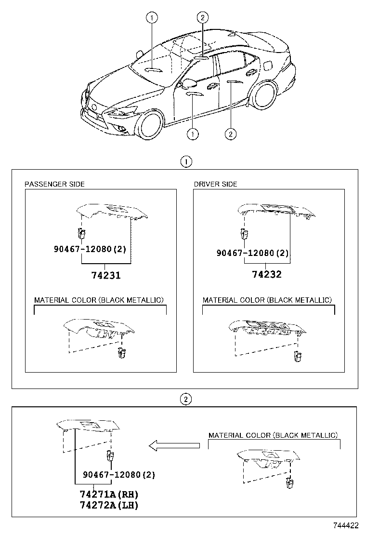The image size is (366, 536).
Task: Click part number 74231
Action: (x=106, y=275)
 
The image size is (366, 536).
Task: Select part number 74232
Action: (x=267, y=274)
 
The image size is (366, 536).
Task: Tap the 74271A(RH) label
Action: (x=109, y=494)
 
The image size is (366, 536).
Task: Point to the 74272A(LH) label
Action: (x=109, y=505)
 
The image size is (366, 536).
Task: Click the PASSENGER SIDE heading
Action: (x=54, y=184)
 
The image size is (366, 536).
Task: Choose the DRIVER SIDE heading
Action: (x=215, y=184)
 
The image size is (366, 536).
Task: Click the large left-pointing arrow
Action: (x=174, y=445)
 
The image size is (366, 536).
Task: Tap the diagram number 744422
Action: (x=346, y=525)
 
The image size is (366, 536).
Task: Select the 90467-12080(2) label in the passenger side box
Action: (x=90, y=249)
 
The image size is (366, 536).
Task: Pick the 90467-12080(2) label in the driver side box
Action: (x=252, y=253)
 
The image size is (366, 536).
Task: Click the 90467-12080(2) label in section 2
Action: (x=119, y=474)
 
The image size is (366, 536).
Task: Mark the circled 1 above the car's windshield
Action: (x=152, y=17)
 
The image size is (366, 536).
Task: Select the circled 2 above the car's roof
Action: (x=202, y=17)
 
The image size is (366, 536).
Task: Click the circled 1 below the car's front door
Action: (x=193, y=134)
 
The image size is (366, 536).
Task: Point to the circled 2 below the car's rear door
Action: (x=231, y=134)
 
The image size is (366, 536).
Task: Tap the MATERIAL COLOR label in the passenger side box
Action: (x=99, y=300)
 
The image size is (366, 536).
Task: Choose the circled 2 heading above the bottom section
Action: (x=185, y=399)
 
